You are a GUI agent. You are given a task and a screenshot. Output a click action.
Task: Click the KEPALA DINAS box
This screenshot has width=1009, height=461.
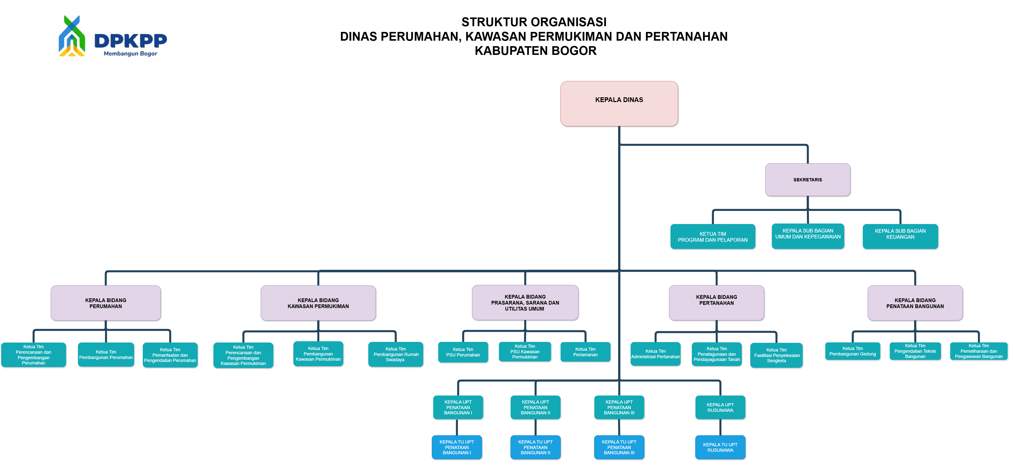click(619, 103)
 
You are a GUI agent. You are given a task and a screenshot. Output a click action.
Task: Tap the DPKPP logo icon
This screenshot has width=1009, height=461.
click(72, 36)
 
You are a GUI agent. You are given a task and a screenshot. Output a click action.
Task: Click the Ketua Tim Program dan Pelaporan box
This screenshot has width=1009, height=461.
click(713, 237)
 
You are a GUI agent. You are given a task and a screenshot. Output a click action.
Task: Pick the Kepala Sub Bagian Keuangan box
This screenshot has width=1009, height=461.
click(900, 236)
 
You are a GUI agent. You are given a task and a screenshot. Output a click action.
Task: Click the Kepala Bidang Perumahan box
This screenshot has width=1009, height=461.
click(106, 303)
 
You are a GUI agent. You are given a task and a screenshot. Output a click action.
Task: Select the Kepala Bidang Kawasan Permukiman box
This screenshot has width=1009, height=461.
click(318, 303)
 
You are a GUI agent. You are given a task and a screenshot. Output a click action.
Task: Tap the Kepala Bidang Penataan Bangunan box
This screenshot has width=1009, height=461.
click(915, 303)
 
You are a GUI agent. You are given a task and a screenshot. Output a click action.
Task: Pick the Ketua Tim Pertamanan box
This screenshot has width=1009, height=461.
click(585, 352)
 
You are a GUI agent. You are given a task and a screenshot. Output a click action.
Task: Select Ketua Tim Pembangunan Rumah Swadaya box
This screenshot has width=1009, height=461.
click(396, 354)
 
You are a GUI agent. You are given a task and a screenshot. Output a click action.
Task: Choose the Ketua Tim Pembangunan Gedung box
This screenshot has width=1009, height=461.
click(852, 351)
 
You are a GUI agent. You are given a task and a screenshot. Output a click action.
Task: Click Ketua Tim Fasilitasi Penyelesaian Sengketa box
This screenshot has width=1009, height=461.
click(776, 355)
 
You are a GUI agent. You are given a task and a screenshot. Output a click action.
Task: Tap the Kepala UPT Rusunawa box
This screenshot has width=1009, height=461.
click(720, 407)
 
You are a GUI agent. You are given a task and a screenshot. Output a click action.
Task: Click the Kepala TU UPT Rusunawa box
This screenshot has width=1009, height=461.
click(720, 447)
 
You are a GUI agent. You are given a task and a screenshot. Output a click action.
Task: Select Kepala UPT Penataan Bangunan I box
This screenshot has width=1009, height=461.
click(458, 407)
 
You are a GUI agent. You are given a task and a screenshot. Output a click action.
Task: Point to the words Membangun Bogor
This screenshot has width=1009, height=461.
click(130, 54)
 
